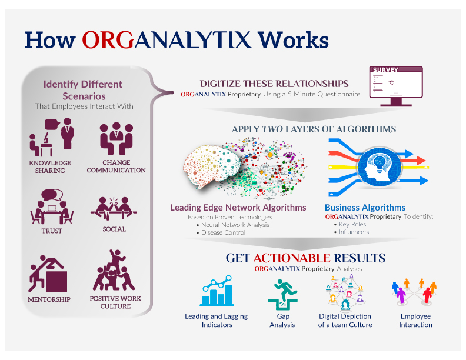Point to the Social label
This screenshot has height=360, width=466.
[x=114, y=229]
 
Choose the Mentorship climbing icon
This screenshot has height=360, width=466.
[x=49, y=271]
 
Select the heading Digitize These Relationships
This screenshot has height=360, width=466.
[x=274, y=84]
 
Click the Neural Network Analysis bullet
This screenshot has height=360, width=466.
[x=235, y=225]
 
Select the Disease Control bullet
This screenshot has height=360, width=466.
[x=224, y=232]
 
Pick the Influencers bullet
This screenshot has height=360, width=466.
[x=354, y=232]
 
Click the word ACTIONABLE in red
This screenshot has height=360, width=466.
[x=289, y=258]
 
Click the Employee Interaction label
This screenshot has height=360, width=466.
[x=415, y=320]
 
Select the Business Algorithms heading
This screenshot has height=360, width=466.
[x=365, y=207]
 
